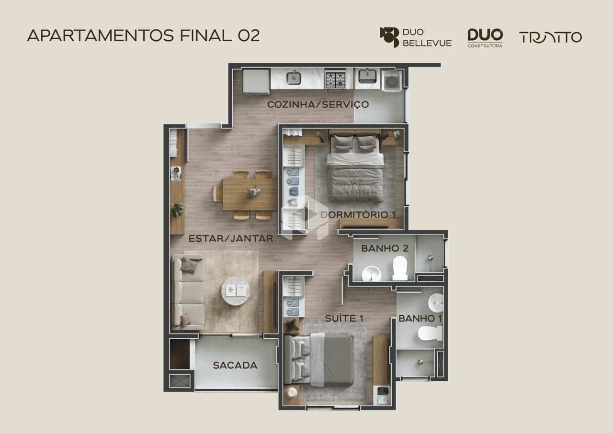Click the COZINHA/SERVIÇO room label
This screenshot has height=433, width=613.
coord(318,104)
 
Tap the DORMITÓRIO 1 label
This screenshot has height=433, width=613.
coord(358,215)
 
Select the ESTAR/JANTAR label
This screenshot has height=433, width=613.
coord(231,239)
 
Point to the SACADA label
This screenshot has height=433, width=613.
coord(235,365)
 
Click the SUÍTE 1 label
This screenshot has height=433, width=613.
coord(344,318)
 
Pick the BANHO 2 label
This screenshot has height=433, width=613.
coord(385,248)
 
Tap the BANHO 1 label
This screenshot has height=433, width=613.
coord(420,318)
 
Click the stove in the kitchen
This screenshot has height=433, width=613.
coord(335,79)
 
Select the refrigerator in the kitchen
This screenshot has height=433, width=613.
coord(256,82)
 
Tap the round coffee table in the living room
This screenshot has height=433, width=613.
coord(235,291)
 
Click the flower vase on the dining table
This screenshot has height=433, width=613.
coord(254,192)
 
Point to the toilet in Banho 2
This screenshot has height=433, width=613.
coord(400,268)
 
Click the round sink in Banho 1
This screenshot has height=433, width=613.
coord(436,303)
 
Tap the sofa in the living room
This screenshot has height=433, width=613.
coord(188,292)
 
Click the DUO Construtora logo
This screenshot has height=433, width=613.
coord(485,38)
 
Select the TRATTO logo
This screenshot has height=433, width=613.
coord(550,37)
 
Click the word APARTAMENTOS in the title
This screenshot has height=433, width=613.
coord(101,35)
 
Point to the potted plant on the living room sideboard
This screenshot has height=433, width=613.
coord(177,210)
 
